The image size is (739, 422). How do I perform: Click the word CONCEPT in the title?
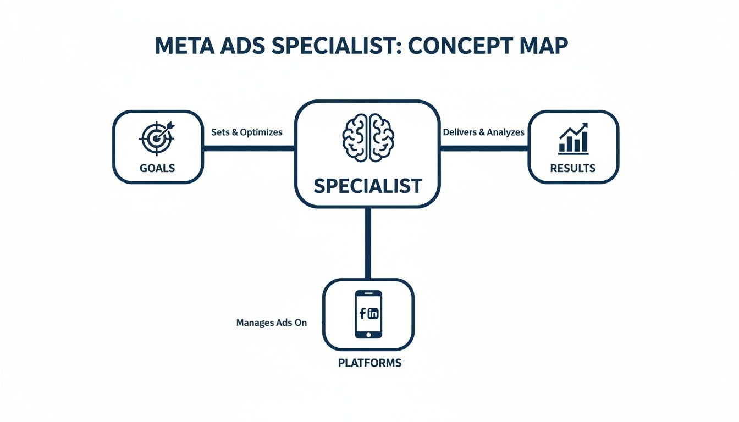461,46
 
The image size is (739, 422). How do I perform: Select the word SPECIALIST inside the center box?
367,186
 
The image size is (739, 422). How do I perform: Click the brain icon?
367,137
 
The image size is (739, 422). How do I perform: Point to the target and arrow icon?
157,136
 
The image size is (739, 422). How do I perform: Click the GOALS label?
157,168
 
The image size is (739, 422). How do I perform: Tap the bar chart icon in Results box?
573,138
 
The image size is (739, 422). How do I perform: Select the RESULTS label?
573,168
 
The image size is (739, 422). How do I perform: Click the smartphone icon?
368,314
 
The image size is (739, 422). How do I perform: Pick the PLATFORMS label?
369,363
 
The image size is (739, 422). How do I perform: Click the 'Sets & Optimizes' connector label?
246,132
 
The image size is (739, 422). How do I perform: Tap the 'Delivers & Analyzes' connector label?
483,132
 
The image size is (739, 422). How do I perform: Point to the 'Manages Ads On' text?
271,323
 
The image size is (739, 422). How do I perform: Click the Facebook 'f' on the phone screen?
362,313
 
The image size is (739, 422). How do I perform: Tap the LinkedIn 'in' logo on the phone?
373,314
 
